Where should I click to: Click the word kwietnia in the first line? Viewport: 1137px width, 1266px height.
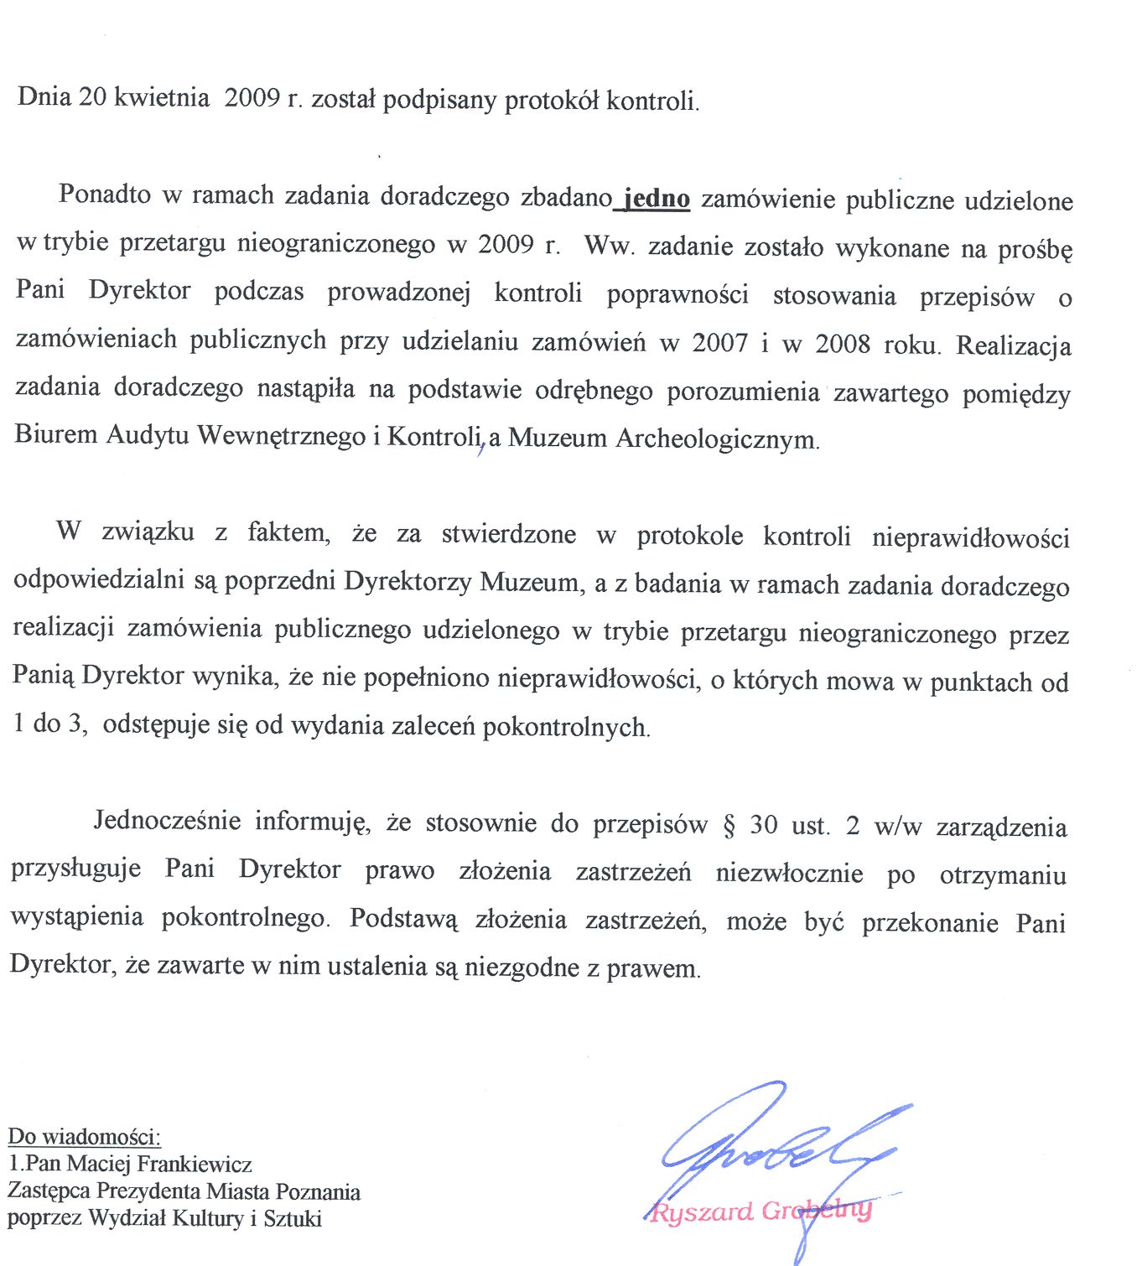(161, 98)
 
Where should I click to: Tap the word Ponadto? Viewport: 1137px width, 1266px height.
(105, 195)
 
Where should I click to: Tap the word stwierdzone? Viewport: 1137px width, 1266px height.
(508, 534)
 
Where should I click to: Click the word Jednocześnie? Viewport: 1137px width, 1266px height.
(167, 820)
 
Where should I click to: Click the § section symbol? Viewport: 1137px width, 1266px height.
(728, 825)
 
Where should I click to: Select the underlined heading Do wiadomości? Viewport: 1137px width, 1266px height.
(84, 1137)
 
